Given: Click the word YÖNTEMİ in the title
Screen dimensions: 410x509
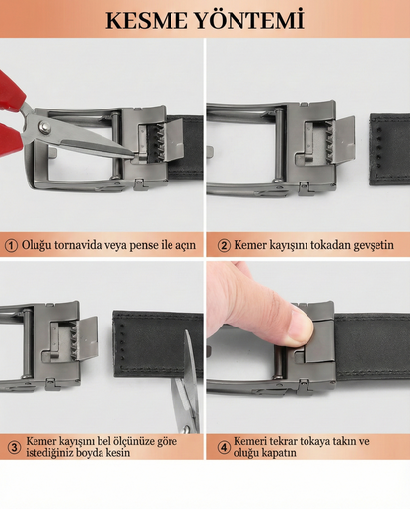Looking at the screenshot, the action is [x=249, y=20].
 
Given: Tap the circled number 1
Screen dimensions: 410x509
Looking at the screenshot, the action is [x=12, y=246].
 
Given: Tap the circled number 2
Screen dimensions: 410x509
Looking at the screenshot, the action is [x=224, y=246].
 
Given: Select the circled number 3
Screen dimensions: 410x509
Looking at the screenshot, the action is [x=14, y=447].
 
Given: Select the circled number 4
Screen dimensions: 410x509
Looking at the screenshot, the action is [x=224, y=447].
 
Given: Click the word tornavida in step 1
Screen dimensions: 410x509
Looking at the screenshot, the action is [x=78, y=245].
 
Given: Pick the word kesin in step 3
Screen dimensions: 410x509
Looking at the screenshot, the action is [x=118, y=453].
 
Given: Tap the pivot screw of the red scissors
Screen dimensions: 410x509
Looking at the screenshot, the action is [x=44, y=126].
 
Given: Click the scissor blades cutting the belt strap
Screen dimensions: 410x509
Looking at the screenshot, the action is [x=187, y=383].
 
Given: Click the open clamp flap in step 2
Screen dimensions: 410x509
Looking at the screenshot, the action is [x=344, y=139].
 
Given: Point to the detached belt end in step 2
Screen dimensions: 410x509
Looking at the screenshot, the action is [x=390, y=149].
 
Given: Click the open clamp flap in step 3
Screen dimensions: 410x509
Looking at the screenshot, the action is [x=87, y=338].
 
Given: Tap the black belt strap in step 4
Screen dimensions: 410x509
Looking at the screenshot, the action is [x=373, y=347].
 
